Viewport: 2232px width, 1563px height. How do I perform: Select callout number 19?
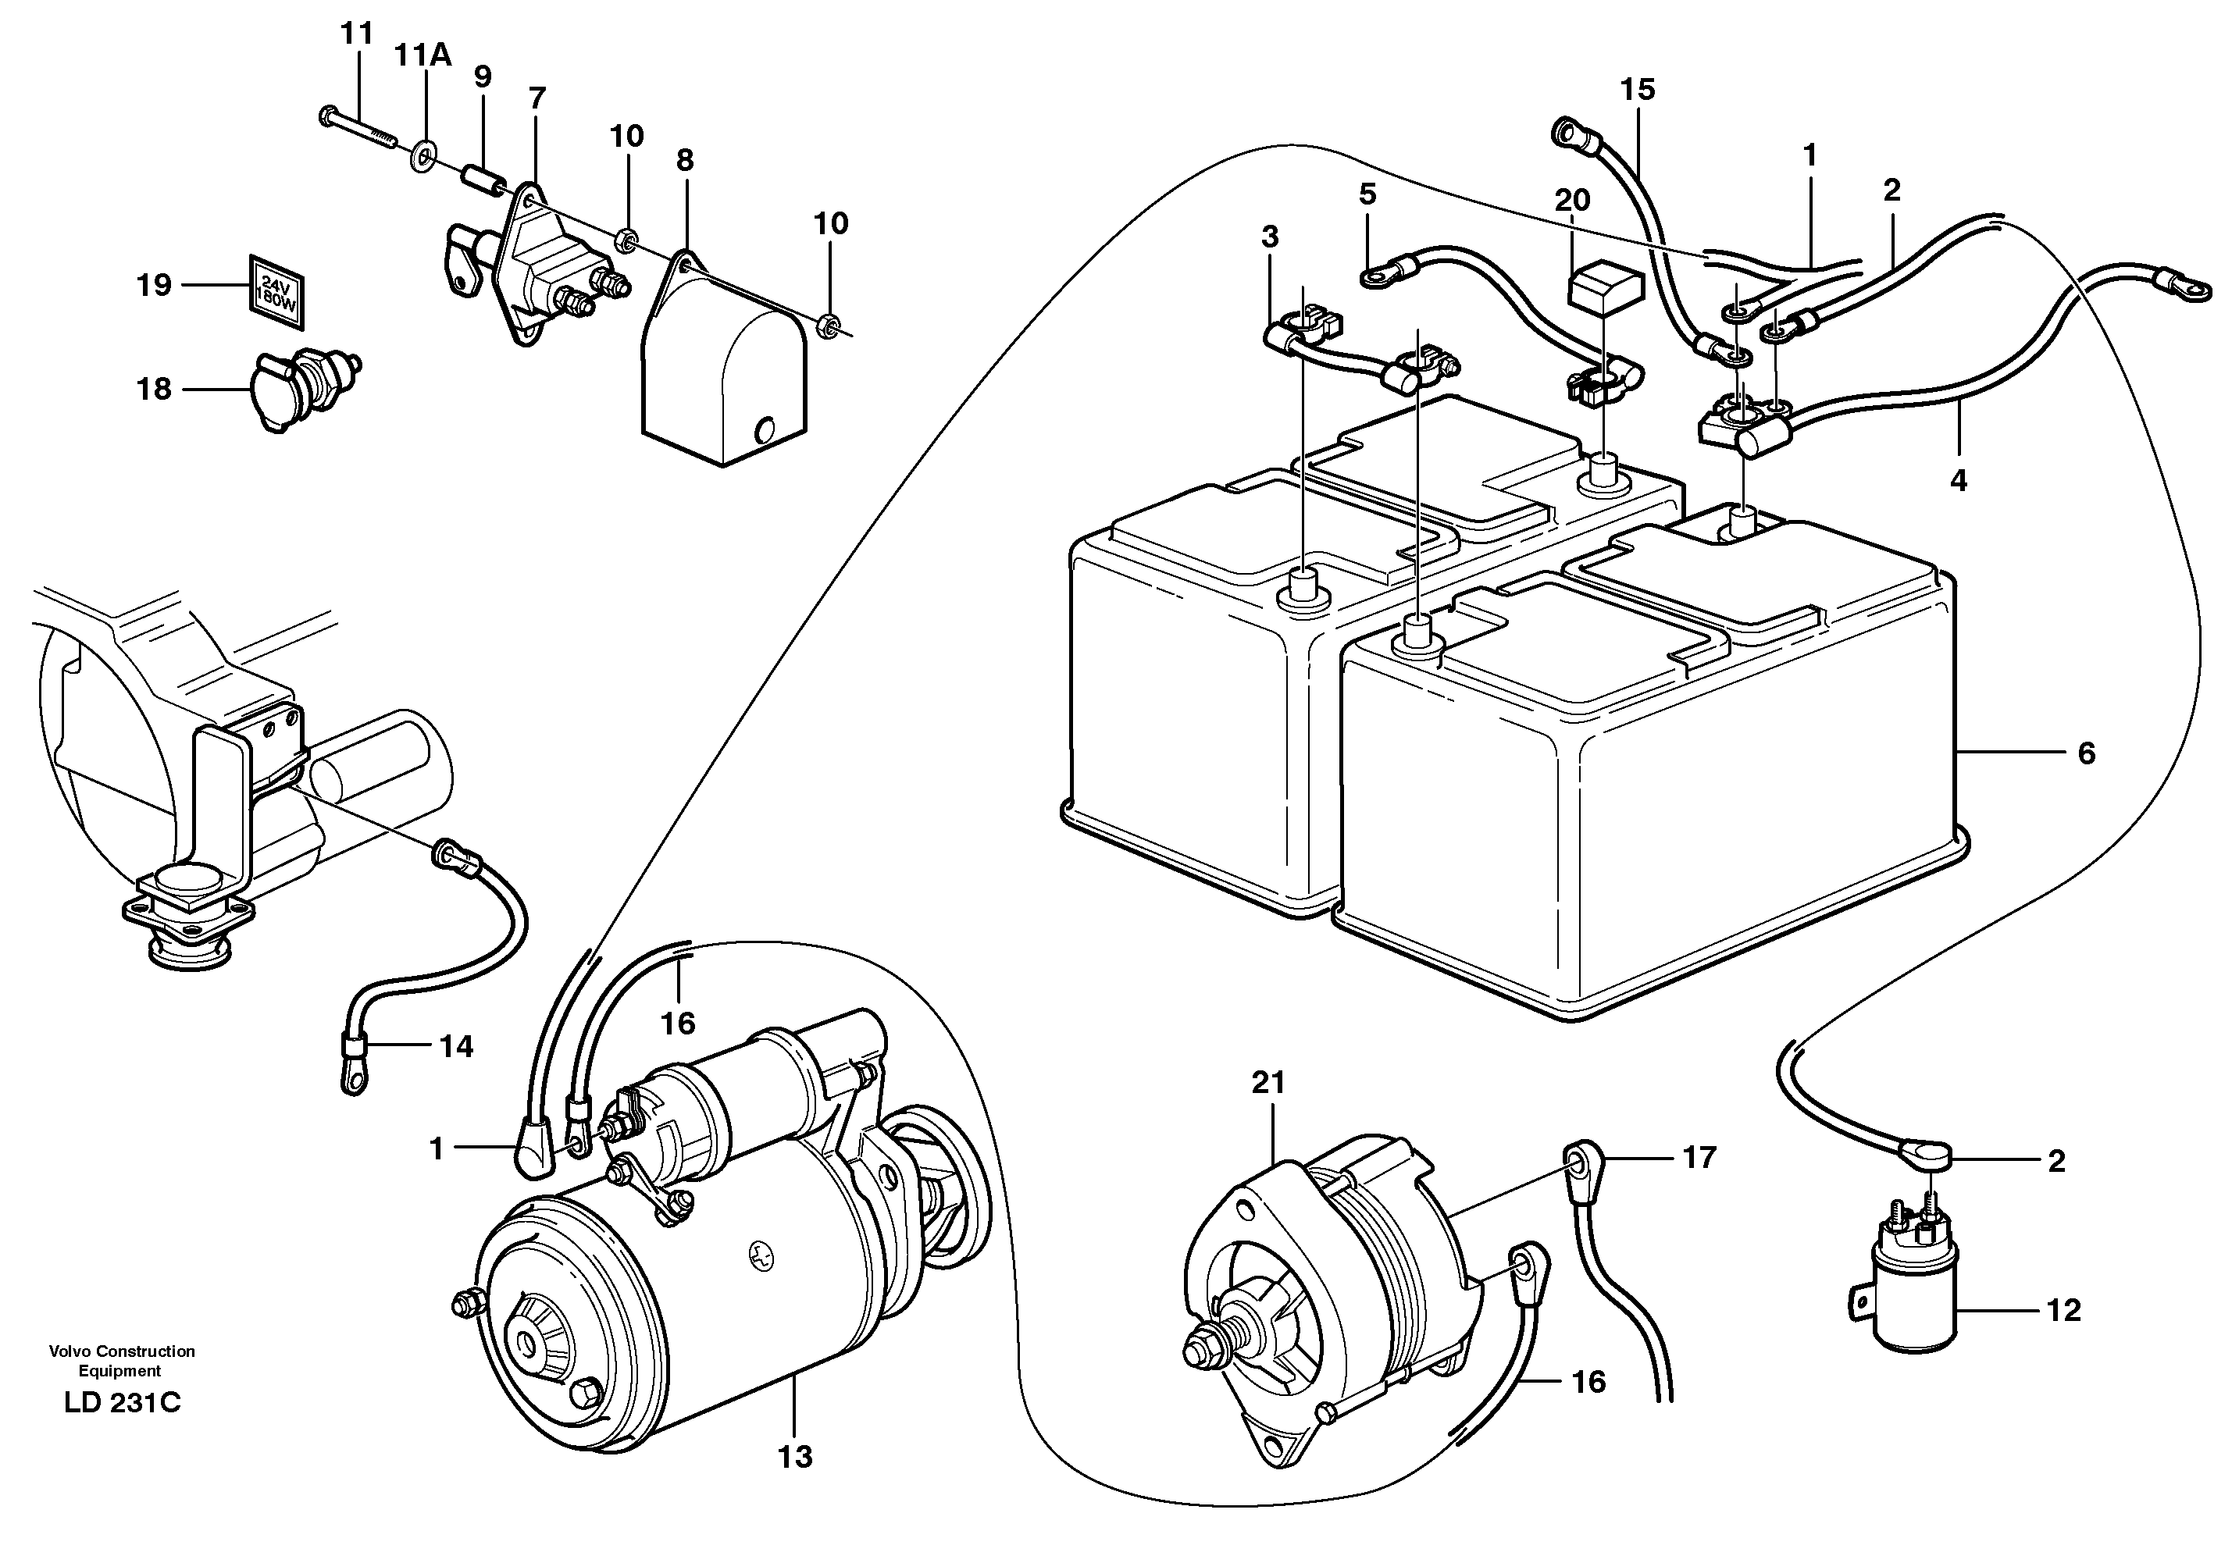[x=154, y=285]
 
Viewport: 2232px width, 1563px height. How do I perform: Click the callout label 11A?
[x=422, y=55]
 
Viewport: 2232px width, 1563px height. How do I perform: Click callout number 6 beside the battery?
[x=2086, y=753]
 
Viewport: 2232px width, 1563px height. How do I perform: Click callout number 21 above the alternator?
[x=1268, y=1083]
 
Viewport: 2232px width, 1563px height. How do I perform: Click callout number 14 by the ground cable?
[x=456, y=1047]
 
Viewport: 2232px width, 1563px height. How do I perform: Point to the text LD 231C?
[x=122, y=1404]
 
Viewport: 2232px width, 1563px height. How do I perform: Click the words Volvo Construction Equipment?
[x=122, y=1361]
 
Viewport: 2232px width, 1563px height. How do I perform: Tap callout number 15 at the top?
[x=1637, y=90]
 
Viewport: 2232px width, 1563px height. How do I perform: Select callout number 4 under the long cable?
[x=1958, y=480]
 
